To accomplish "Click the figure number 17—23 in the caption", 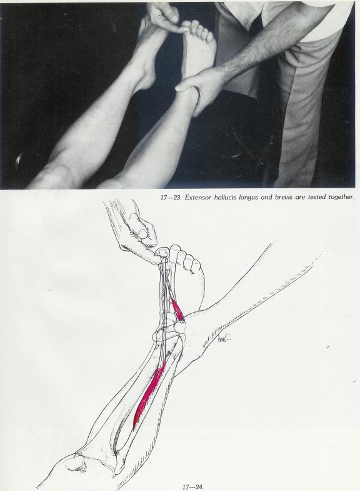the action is click(x=171, y=198).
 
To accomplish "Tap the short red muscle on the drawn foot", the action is click(x=177, y=310).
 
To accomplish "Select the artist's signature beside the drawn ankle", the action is click(x=223, y=338).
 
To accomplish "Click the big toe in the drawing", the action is click(x=162, y=252).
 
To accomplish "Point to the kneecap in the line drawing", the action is click(x=74, y=463).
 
